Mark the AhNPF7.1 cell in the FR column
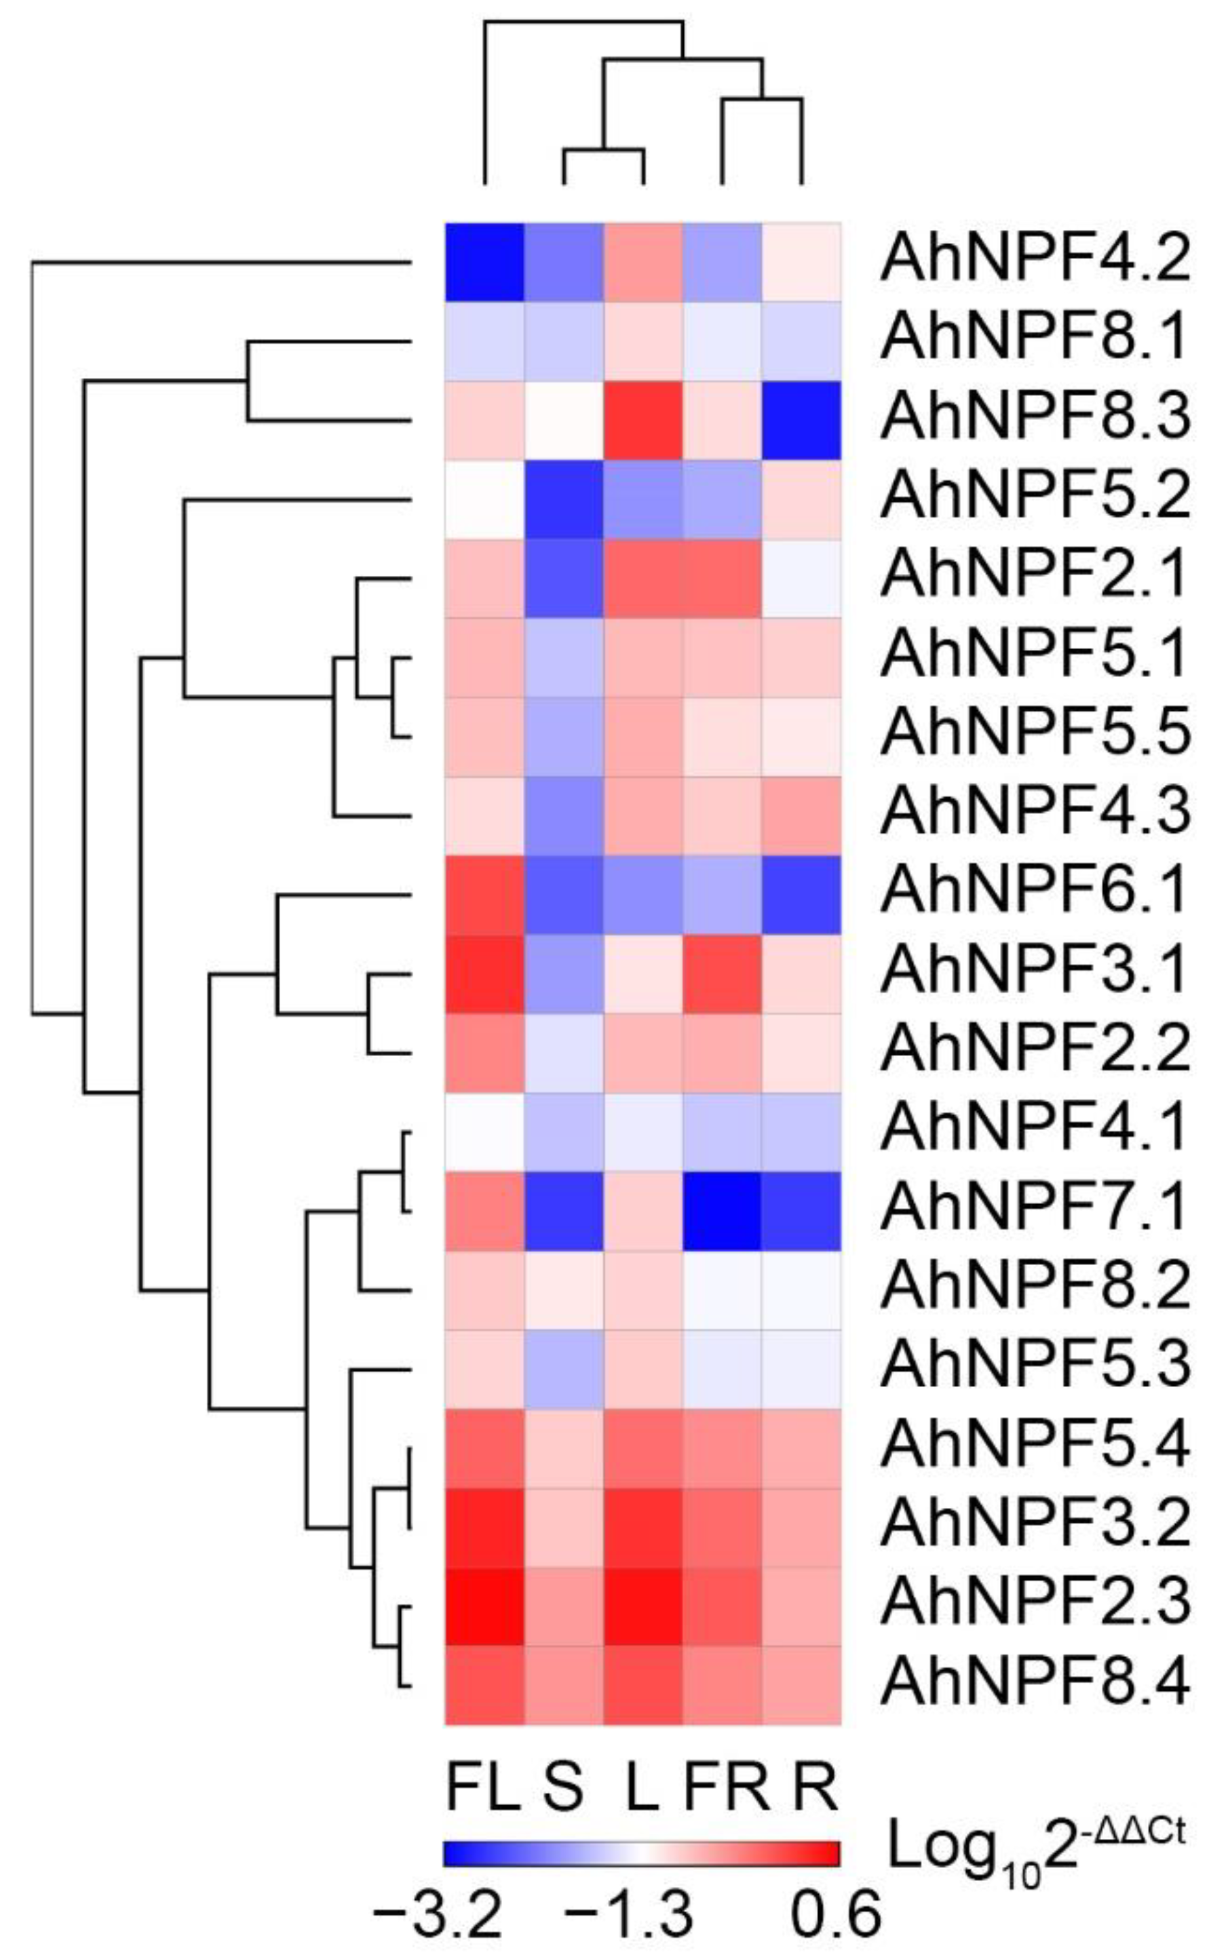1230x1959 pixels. click(722, 1211)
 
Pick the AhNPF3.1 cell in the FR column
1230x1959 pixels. click(722, 973)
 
